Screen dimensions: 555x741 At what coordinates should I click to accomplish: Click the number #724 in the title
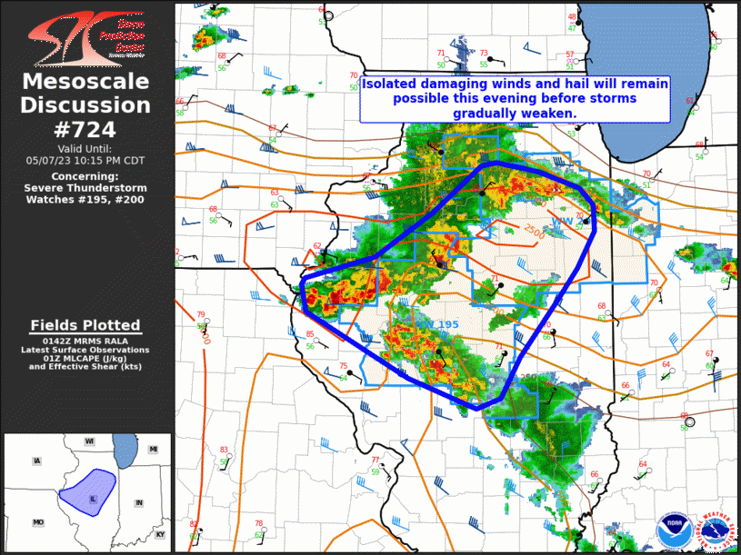(x=87, y=129)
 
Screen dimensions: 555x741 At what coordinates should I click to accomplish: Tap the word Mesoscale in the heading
(x=86, y=83)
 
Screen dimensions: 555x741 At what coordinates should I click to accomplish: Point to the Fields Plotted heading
(x=85, y=325)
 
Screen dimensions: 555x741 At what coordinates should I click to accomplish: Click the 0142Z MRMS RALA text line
(x=85, y=340)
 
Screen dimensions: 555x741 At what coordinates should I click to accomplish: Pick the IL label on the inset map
(x=94, y=499)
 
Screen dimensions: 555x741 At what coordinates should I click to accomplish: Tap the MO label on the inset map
(x=38, y=522)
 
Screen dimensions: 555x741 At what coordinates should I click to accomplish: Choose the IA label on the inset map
(x=36, y=461)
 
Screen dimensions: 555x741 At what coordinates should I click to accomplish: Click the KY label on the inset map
(x=160, y=534)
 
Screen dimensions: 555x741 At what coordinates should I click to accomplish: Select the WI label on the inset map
(x=90, y=441)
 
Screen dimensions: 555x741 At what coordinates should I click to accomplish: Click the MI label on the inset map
(x=154, y=450)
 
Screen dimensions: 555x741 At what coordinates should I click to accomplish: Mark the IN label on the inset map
(x=139, y=502)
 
